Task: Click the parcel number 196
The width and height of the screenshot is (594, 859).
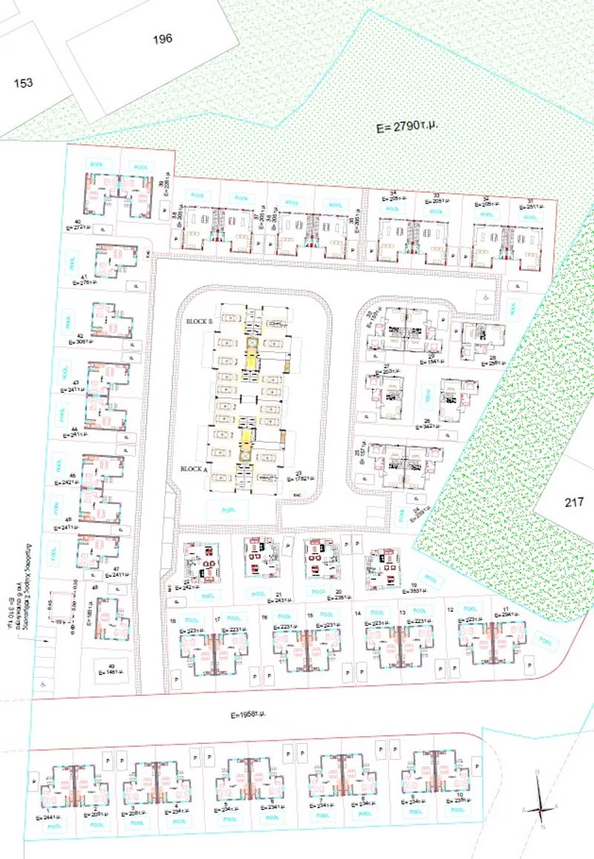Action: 163,39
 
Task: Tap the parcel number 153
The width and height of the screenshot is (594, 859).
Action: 24,83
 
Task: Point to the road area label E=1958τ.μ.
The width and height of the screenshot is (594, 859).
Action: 248,714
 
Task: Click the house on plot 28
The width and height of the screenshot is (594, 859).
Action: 473,341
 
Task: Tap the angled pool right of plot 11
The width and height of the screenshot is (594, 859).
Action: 546,639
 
